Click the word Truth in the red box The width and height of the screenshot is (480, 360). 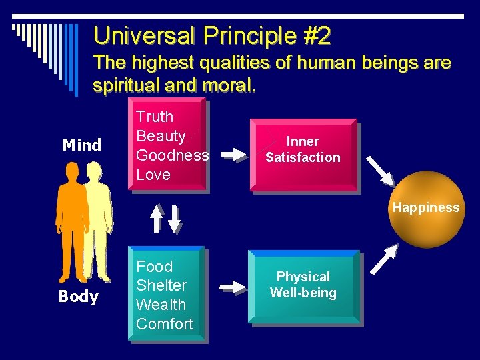click(155, 117)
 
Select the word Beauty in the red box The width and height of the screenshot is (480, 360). click(161, 136)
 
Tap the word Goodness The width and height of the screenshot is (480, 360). click(172, 155)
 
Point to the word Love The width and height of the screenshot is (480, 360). click(153, 175)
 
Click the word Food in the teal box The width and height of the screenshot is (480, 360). click(154, 267)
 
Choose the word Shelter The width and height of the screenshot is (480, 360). click(161, 285)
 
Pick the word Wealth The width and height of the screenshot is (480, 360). click(161, 305)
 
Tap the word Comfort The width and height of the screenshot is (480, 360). click(165, 324)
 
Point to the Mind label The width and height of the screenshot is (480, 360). click(81, 145)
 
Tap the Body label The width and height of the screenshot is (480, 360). click(78, 297)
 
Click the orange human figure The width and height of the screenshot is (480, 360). click(71, 220)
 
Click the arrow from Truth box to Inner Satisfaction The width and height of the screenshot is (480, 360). click(233, 155)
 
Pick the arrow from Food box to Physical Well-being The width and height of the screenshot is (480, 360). click(233, 287)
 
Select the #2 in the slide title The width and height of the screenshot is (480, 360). click(315, 35)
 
